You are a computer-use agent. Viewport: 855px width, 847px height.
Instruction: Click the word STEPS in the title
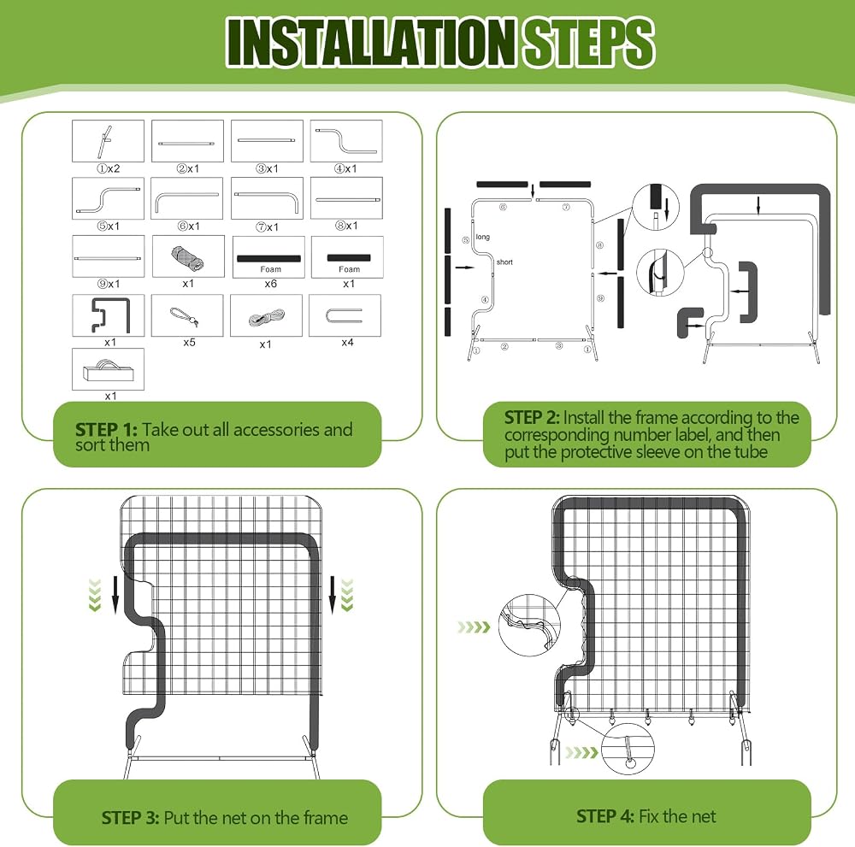pyautogui.click(x=588, y=43)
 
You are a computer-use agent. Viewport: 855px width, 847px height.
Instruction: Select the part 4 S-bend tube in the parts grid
pyautogui.click(x=345, y=141)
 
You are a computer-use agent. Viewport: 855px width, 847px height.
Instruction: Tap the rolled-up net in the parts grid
pyautogui.click(x=187, y=256)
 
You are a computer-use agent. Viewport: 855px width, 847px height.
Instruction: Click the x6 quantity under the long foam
pyautogui.click(x=270, y=284)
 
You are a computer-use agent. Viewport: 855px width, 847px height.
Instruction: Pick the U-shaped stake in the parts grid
pyautogui.click(x=344, y=315)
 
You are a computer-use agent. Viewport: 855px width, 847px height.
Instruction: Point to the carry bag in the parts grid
pyautogui.click(x=108, y=371)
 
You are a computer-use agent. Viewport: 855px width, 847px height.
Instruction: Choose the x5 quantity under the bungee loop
pyautogui.click(x=189, y=342)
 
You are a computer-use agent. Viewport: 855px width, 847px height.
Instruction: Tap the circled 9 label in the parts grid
pyautogui.click(x=102, y=284)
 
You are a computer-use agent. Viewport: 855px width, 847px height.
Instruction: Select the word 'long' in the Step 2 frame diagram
pyautogui.click(x=482, y=237)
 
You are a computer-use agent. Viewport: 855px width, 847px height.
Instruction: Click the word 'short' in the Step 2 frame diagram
pyautogui.click(x=504, y=262)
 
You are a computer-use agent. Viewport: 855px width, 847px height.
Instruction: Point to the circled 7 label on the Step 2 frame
pyautogui.click(x=566, y=207)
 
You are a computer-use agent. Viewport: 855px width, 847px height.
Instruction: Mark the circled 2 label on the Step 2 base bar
pyautogui.click(x=504, y=347)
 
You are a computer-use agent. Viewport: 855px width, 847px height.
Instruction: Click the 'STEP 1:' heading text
pyautogui.click(x=106, y=430)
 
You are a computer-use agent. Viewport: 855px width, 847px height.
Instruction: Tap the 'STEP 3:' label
pyautogui.click(x=130, y=818)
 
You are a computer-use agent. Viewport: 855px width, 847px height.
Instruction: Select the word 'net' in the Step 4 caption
pyautogui.click(x=704, y=816)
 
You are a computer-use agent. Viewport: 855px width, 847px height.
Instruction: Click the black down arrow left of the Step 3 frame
pyautogui.click(x=115, y=595)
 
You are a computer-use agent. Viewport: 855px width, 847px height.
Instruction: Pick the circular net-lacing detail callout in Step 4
pyautogui.click(x=529, y=625)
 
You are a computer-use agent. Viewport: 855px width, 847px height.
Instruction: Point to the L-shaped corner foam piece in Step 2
pyautogui.click(x=688, y=321)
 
